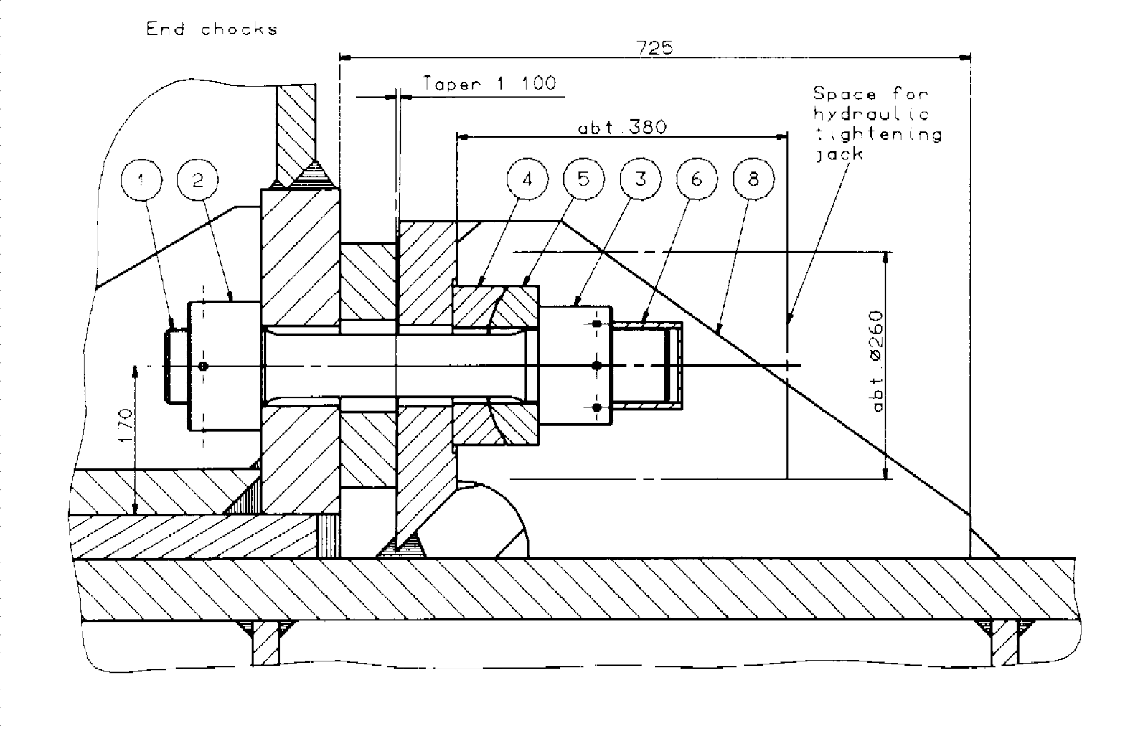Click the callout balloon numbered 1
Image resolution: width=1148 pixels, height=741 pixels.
(141, 179)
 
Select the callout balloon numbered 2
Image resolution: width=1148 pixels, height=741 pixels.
(197, 179)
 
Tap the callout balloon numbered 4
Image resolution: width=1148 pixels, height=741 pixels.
(527, 179)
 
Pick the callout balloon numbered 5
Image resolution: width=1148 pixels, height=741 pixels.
(583, 179)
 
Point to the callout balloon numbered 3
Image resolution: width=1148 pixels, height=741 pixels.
(640, 179)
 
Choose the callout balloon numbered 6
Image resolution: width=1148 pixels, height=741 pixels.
(697, 179)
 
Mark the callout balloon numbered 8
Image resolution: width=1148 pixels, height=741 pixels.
(753, 179)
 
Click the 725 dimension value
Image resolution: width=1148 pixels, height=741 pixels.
(654, 47)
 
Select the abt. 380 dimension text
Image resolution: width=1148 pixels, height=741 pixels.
(622, 128)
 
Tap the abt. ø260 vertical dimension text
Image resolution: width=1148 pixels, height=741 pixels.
(877, 361)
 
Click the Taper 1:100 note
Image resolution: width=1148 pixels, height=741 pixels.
(489, 83)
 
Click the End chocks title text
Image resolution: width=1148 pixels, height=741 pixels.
(212, 29)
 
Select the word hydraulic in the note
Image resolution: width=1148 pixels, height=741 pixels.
(871, 114)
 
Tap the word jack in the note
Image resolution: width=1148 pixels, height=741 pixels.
(838, 154)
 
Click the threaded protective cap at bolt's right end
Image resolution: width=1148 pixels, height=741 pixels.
(649, 366)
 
